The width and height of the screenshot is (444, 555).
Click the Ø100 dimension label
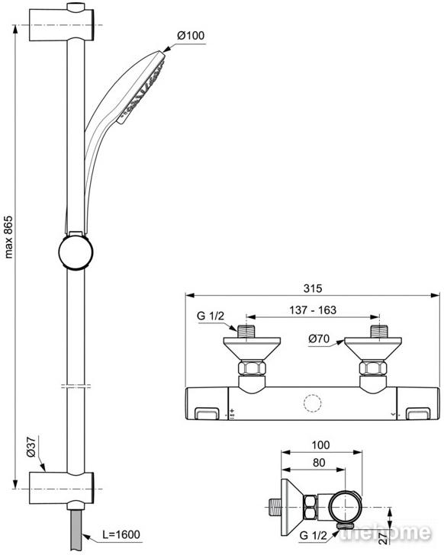pos(191,35)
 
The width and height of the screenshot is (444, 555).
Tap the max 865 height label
pos(8,237)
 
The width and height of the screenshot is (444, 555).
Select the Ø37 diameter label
pos(31,447)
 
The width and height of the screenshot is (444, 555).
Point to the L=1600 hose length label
pos(121,534)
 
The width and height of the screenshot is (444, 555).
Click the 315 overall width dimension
pos(313,288)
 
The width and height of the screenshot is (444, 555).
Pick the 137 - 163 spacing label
pos(313,310)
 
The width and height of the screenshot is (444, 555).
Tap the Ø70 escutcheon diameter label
pos(319,338)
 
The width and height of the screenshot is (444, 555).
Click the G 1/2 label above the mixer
pos(211,316)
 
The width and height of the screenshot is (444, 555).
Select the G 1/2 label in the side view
pos(313,535)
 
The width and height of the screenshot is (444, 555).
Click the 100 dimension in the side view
pos(320,445)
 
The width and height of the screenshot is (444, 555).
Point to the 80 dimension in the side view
pos(319,463)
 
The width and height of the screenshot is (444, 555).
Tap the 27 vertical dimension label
pos(384,537)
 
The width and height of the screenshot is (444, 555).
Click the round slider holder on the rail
pos(76,252)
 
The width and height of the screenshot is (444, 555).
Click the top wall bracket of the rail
pos(62,23)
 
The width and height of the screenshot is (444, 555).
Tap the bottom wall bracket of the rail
pos(62,487)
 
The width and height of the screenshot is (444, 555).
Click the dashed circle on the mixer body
pos(313,403)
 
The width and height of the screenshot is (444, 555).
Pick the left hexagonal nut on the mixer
pos(252,367)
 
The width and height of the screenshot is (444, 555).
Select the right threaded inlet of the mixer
pos(380,332)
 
